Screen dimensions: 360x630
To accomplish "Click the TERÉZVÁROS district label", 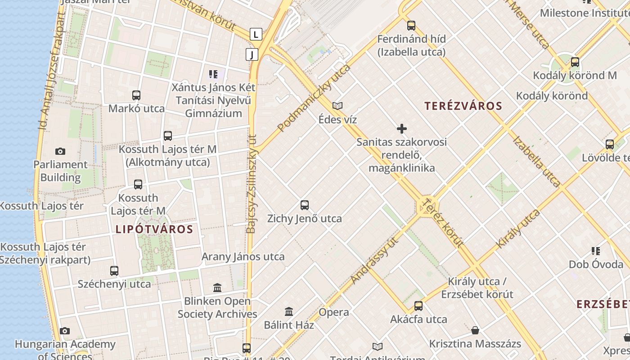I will point(463,106).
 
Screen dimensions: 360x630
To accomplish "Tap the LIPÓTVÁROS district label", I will point(154,229).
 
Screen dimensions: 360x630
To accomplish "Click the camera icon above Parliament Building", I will point(60,151).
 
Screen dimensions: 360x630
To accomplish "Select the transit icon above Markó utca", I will point(136,95).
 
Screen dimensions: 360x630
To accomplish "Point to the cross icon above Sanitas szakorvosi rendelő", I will point(402,129).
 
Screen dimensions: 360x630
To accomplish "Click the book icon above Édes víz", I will point(337,106).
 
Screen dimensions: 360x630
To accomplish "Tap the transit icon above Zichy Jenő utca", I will point(305,205).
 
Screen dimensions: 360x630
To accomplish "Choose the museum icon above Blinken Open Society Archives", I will point(217,288).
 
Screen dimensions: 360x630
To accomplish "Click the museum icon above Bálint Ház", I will point(289,311).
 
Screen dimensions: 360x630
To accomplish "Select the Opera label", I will point(334,312).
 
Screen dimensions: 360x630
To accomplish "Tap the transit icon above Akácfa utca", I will point(418,306).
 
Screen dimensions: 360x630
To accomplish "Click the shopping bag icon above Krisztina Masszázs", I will point(475,331).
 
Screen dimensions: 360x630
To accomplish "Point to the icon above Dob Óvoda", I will point(596,251).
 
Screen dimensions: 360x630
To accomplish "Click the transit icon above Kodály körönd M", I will point(575,62).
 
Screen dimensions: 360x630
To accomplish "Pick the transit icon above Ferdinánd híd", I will point(411,26).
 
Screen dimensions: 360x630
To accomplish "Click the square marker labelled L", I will point(256,34).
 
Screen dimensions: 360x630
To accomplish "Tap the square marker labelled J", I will point(252,55).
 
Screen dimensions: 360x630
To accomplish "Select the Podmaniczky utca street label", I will point(314,98).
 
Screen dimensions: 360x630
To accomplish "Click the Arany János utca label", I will point(243,257).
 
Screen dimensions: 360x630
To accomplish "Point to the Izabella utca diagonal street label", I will point(536,161).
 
